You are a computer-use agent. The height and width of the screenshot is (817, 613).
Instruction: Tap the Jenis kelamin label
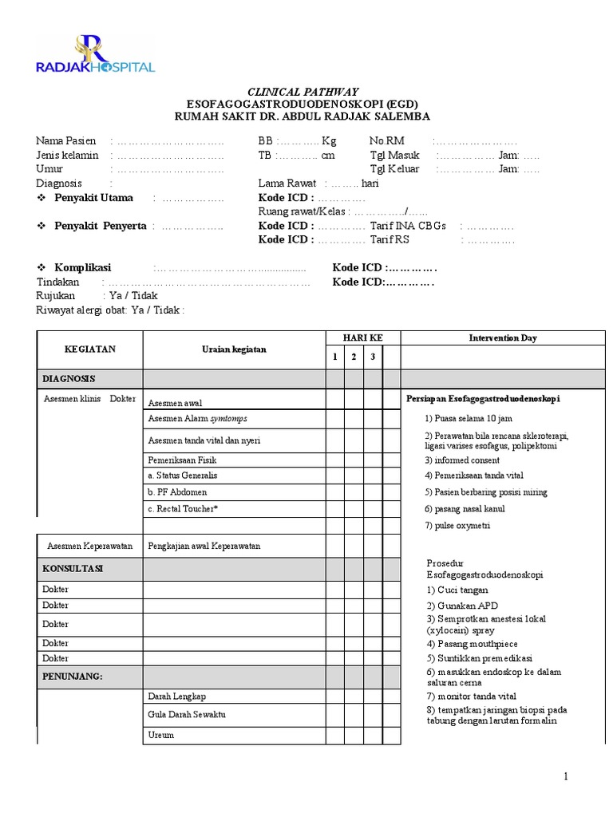click(68, 155)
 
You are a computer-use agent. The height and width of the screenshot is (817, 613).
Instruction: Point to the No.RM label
click(387, 140)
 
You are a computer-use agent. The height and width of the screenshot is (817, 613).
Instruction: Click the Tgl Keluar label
click(394, 169)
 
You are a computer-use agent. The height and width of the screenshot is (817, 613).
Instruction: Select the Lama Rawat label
click(287, 184)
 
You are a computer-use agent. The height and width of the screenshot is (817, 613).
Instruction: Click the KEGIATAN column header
click(89, 349)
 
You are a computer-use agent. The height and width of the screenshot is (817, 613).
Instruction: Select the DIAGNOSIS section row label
click(69, 378)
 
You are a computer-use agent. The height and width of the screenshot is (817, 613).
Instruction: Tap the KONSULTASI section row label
click(73, 570)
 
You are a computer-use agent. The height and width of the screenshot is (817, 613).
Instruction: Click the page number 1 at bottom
click(566, 776)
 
